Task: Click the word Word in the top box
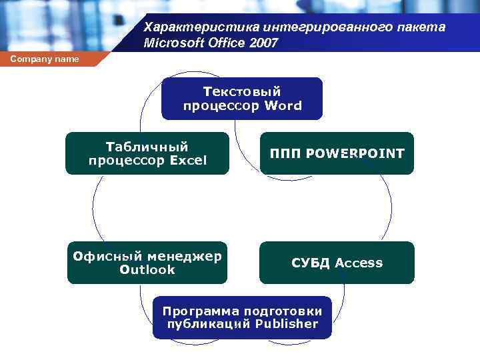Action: [x=283, y=105]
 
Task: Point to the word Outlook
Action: [x=147, y=269]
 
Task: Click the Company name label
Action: [x=45, y=59]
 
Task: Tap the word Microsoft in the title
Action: [x=171, y=43]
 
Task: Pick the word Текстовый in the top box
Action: [x=242, y=91]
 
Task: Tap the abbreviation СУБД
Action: [x=311, y=263]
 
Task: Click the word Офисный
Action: [x=108, y=256]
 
